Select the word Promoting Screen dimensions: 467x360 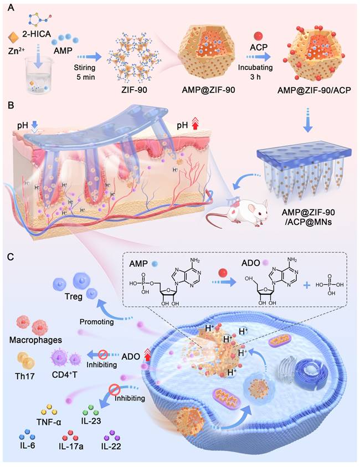coord(95,321)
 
